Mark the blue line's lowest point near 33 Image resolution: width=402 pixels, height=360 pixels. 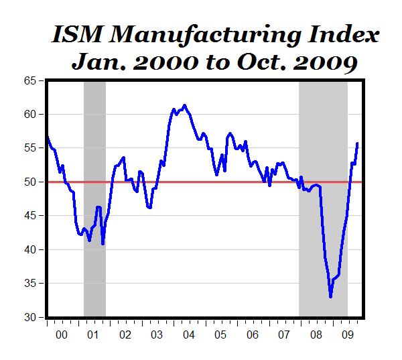[330, 296]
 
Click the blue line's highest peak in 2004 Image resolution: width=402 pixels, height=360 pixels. [184, 105]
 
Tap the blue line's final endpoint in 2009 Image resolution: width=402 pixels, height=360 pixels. [358, 143]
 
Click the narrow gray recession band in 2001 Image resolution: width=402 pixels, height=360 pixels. [94, 201]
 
